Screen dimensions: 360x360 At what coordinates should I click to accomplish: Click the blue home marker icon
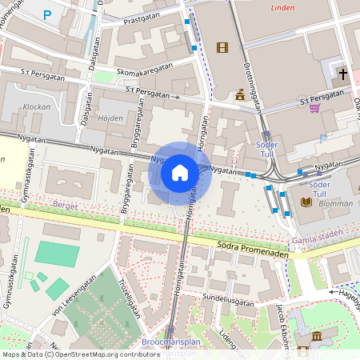pyautogui.click(x=180, y=173)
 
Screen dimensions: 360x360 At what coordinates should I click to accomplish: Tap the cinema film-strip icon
pyautogui.click(x=222, y=47)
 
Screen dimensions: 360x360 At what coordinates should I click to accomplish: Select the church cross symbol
pyautogui.click(x=343, y=74)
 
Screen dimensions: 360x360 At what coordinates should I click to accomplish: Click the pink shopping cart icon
pyautogui.click(x=315, y=107)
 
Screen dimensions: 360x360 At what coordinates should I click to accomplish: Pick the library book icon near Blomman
pyautogui.click(x=306, y=202)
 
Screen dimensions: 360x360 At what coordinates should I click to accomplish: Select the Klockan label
pyautogui.click(x=37, y=106)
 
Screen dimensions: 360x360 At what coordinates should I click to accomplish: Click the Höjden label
pyautogui.click(x=110, y=118)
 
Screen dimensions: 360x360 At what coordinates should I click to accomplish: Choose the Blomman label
pyautogui.click(x=335, y=203)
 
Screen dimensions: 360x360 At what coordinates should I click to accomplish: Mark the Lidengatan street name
pyautogui.click(x=230, y=342)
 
